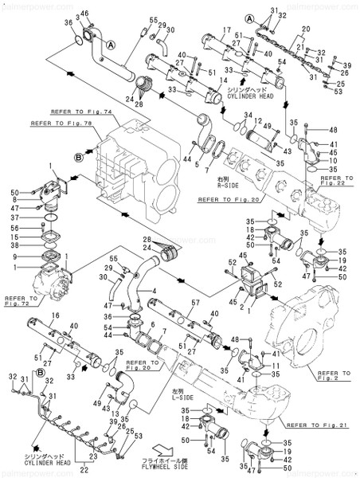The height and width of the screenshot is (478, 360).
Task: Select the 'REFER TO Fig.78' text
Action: click(58, 124)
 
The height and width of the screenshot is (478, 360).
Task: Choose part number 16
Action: click(54, 317)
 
